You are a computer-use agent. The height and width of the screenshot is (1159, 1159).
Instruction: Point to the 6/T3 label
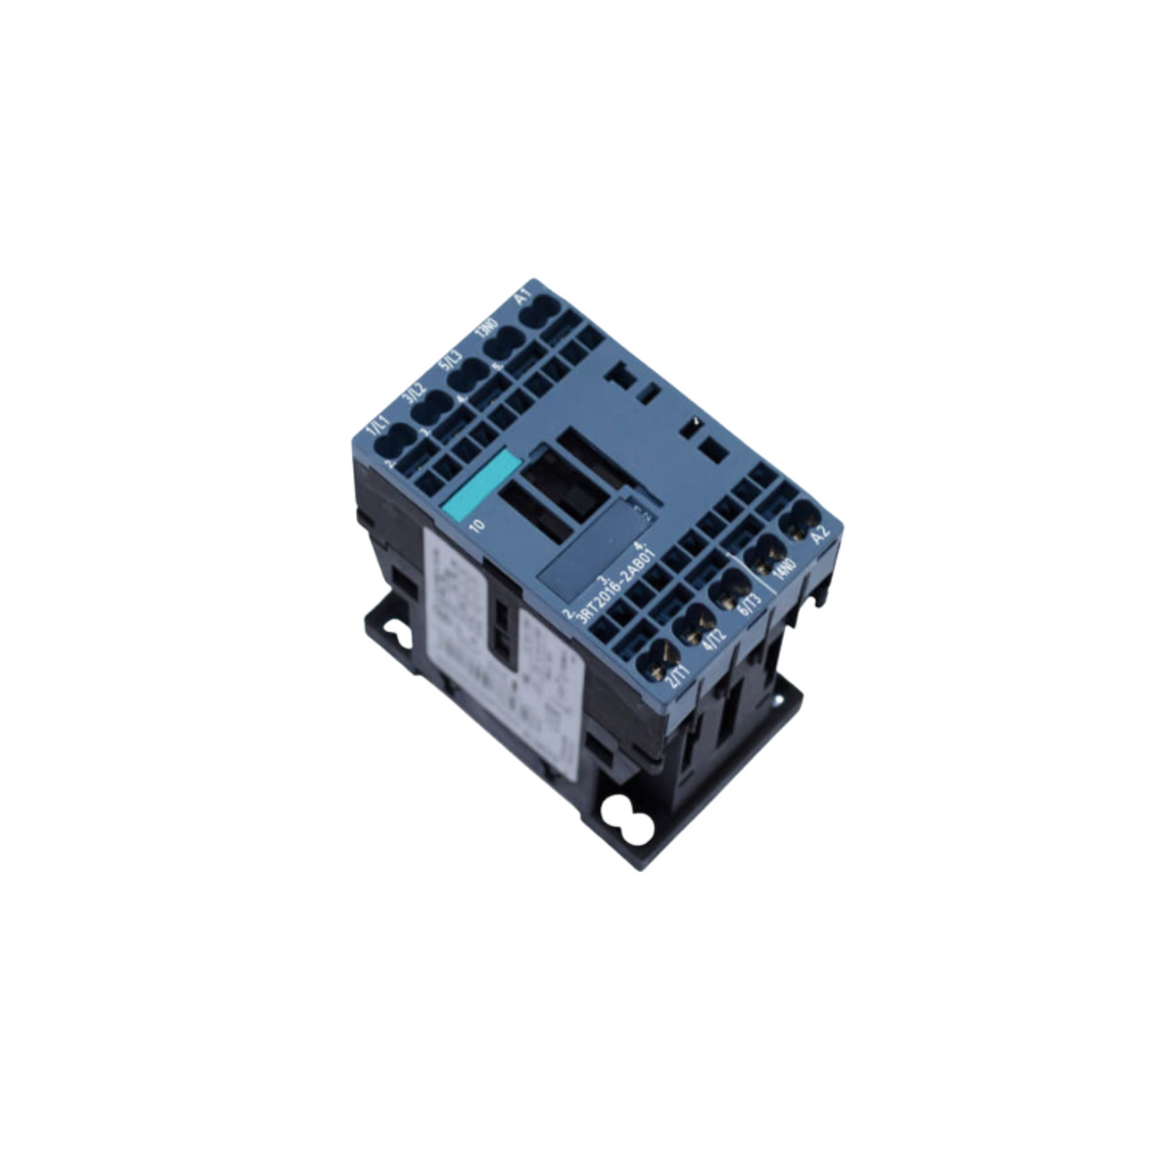tap(748, 606)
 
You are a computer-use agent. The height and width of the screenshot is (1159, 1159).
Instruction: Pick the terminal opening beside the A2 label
tap(798, 523)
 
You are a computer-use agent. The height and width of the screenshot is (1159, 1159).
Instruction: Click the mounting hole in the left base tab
tap(398, 631)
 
